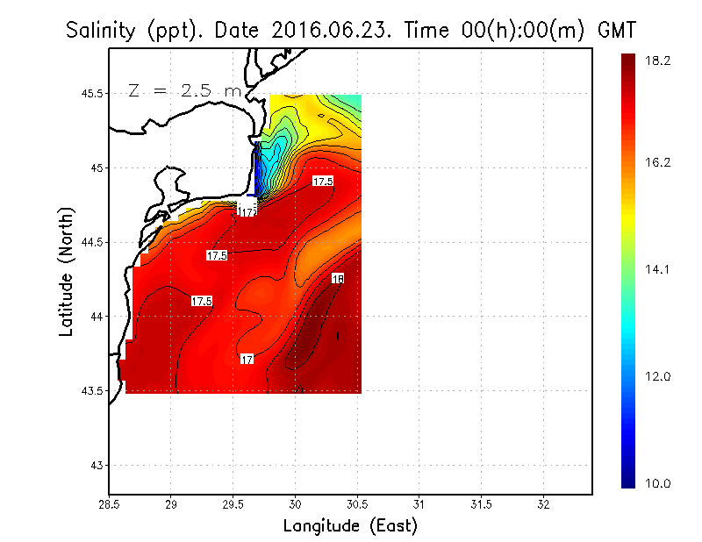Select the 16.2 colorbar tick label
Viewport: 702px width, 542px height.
coord(658,163)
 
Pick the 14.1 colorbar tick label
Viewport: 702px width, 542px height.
coord(658,270)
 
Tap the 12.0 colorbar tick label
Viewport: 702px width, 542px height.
coord(658,377)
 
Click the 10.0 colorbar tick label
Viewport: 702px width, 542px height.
coord(658,483)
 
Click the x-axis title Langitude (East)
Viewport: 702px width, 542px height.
coord(350,525)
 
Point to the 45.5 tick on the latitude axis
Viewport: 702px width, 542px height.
coord(90,94)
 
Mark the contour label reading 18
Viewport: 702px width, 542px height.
coord(338,279)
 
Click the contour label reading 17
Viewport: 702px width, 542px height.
coord(247,360)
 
